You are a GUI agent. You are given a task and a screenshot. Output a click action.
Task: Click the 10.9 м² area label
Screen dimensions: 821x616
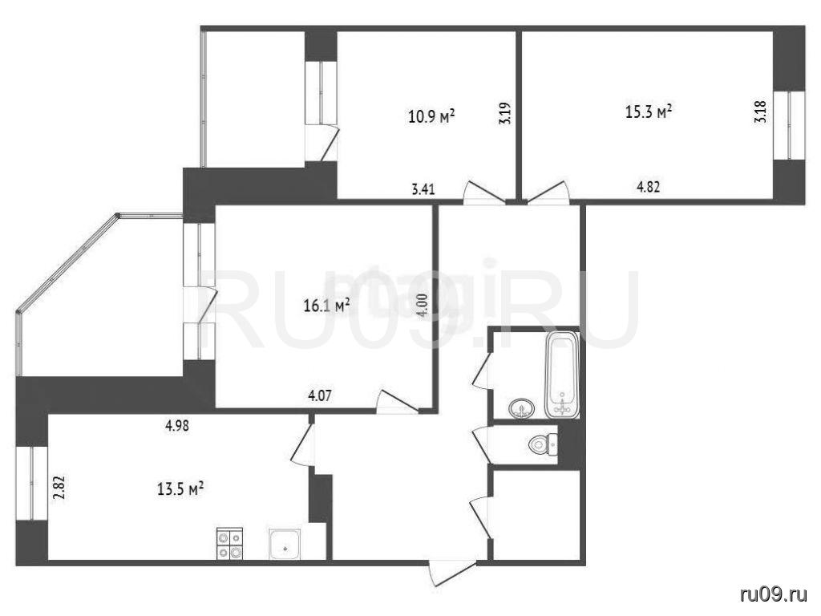431,116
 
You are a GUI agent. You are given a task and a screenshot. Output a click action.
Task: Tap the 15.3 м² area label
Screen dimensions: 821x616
649,111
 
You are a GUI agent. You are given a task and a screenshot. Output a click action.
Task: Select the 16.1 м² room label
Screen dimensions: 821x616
327,306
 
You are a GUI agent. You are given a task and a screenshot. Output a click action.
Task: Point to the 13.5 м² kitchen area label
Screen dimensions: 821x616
180,489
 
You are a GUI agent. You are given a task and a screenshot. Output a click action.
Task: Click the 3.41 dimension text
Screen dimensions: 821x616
423,189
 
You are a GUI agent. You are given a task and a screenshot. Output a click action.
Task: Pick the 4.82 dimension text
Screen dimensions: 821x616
648,186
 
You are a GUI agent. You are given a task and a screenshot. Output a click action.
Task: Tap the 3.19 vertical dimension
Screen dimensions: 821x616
505,114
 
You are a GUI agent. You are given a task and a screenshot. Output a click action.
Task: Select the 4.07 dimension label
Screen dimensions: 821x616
319,395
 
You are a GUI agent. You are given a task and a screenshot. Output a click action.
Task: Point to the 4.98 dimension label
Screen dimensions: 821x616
177,426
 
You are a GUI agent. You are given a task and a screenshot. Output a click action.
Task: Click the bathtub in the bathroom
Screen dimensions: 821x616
561,374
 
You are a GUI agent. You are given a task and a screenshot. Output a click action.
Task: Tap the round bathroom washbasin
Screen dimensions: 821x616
521,408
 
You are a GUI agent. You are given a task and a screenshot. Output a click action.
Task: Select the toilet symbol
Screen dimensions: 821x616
543,444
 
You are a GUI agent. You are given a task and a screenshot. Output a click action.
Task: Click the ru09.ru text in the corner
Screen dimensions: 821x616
774,594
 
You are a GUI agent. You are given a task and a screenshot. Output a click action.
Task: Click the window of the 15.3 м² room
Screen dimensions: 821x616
789,124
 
